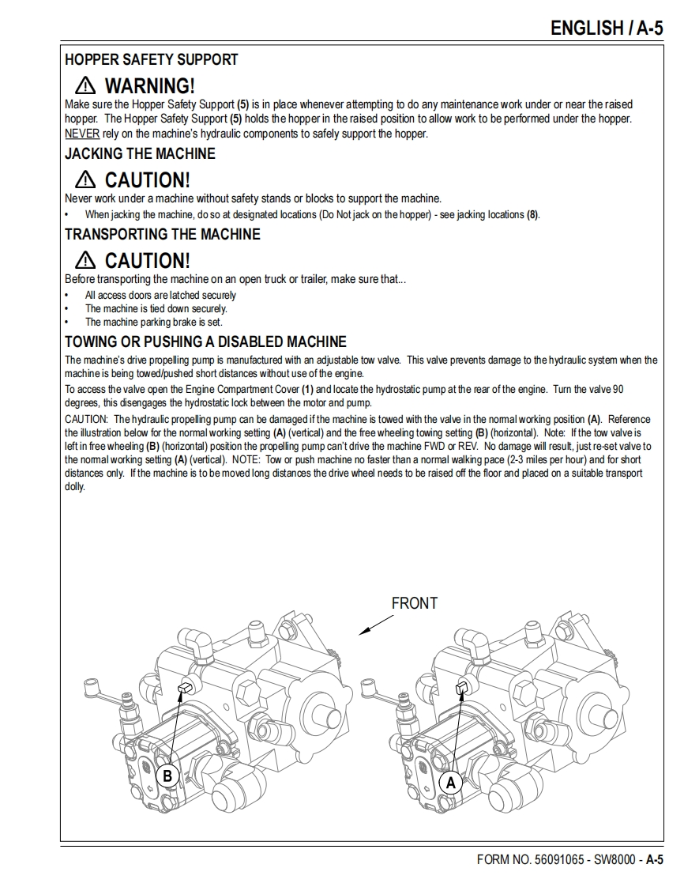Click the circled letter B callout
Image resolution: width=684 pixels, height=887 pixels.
click(x=167, y=776)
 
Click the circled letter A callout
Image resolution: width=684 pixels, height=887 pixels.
click(x=451, y=783)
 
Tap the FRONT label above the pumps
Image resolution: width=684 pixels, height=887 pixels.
click(x=414, y=603)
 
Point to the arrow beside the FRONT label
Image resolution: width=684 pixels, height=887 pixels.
click(x=377, y=625)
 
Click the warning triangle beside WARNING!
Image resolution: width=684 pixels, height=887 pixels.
click(x=85, y=86)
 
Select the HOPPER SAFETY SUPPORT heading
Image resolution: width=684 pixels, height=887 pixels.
click(x=151, y=59)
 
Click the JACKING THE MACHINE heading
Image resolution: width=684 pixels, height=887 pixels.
click(x=140, y=153)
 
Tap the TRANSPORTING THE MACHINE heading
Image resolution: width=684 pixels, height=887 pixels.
click(x=162, y=234)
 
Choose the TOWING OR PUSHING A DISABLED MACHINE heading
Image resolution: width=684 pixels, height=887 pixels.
click(x=205, y=342)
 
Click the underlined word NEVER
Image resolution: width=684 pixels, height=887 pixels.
click(x=82, y=134)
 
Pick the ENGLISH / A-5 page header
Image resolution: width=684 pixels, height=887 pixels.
click(x=606, y=28)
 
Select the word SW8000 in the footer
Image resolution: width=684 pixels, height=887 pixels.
click(x=613, y=859)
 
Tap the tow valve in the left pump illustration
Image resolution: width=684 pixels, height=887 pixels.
click(x=186, y=687)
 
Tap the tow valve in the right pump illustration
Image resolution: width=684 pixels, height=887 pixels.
click(x=464, y=688)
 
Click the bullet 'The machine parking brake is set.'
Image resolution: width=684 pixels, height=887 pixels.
click(x=154, y=322)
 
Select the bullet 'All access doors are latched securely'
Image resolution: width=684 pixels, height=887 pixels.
click(x=160, y=295)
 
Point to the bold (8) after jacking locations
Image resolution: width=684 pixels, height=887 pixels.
click(x=532, y=214)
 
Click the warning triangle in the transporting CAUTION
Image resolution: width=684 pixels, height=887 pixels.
click(x=85, y=260)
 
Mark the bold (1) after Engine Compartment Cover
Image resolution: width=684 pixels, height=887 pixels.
click(x=308, y=389)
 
